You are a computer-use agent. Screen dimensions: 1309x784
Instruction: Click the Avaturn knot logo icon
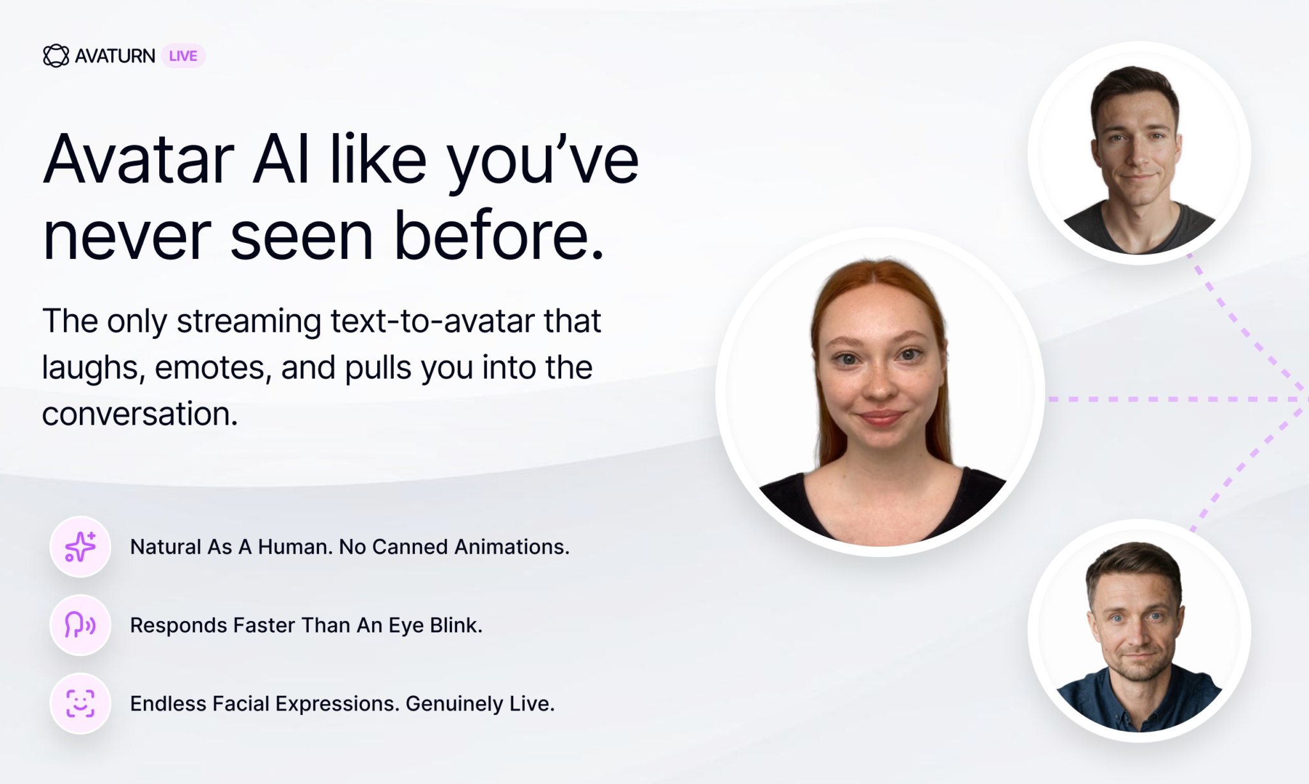pos(56,56)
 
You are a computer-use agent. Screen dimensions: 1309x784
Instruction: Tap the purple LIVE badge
pos(183,56)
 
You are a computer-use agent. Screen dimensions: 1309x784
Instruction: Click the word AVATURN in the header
pos(115,56)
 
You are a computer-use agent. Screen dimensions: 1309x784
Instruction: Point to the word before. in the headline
pos(499,235)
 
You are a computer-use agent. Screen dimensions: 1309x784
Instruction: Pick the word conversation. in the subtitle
pos(140,414)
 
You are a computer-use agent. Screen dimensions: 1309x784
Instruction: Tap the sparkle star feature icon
pos(81,547)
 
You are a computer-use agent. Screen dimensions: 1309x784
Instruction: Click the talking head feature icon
pos(81,625)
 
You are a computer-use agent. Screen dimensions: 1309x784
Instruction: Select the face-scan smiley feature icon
pos(81,703)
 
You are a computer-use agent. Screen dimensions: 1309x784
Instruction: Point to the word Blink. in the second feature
pos(456,625)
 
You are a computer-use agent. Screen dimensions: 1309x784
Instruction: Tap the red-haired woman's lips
pos(881,419)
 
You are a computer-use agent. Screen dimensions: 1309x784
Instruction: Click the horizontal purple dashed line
pos(1178,399)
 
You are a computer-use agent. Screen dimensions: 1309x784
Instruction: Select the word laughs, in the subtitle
pos(90,368)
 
